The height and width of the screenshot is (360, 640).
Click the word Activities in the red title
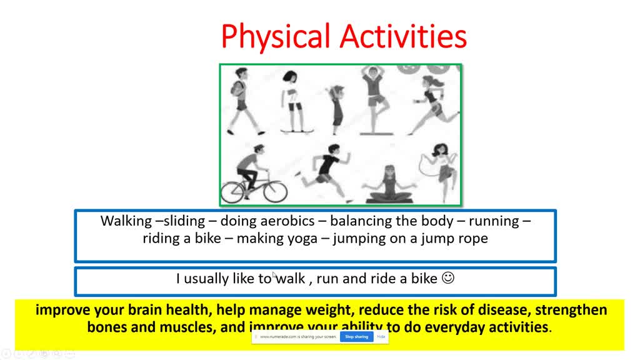tap(407, 36)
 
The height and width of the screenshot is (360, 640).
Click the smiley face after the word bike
tap(447, 278)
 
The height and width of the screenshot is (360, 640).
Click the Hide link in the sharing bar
tap(381, 337)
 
